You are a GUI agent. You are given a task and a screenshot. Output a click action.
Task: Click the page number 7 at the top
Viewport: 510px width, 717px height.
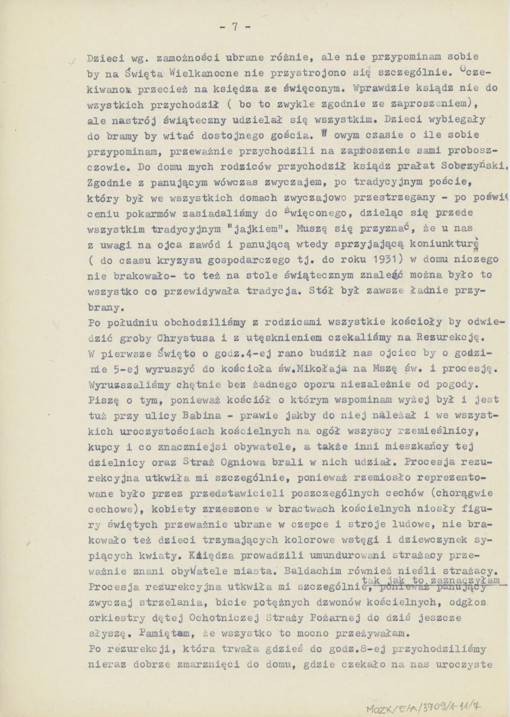[x=235, y=27]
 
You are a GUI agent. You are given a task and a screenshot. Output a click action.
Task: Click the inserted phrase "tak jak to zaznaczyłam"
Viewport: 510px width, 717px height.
[x=431, y=580]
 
